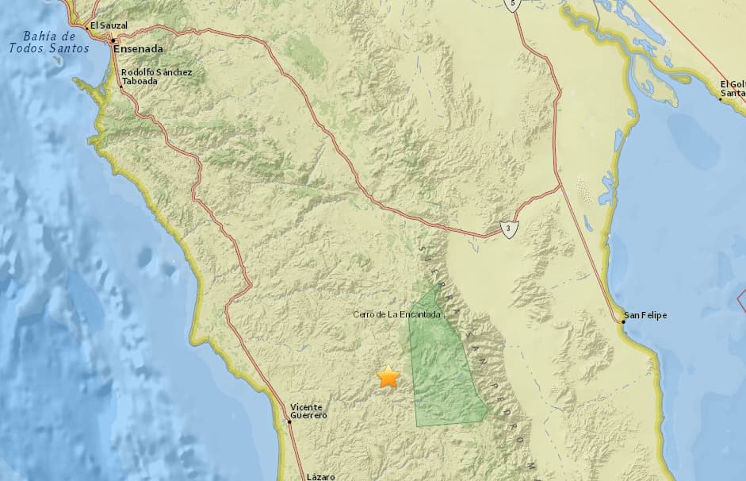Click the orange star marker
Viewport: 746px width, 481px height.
[x=388, y=377]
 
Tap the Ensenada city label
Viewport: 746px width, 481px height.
[x=139, y=48]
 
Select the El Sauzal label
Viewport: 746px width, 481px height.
[x=109, y=25]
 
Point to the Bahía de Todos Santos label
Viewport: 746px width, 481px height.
[x=48, y=42]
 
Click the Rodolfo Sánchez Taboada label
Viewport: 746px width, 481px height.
[x=157, y=76]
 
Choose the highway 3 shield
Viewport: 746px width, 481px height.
[x=507, y=230]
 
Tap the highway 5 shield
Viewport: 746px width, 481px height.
[x=513, y=4]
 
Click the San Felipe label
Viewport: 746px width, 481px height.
[x=645, y=315]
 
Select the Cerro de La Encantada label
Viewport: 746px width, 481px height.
[x=396, y=314]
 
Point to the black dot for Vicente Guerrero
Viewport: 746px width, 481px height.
[x=290, y=421]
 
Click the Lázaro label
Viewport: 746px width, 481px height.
[x=321, y=476]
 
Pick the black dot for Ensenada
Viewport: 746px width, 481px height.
[x=113, y=40]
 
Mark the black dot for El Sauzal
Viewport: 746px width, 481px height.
[x=86, y=28]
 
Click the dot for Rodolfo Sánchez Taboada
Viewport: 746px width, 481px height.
[x=121, y=87]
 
